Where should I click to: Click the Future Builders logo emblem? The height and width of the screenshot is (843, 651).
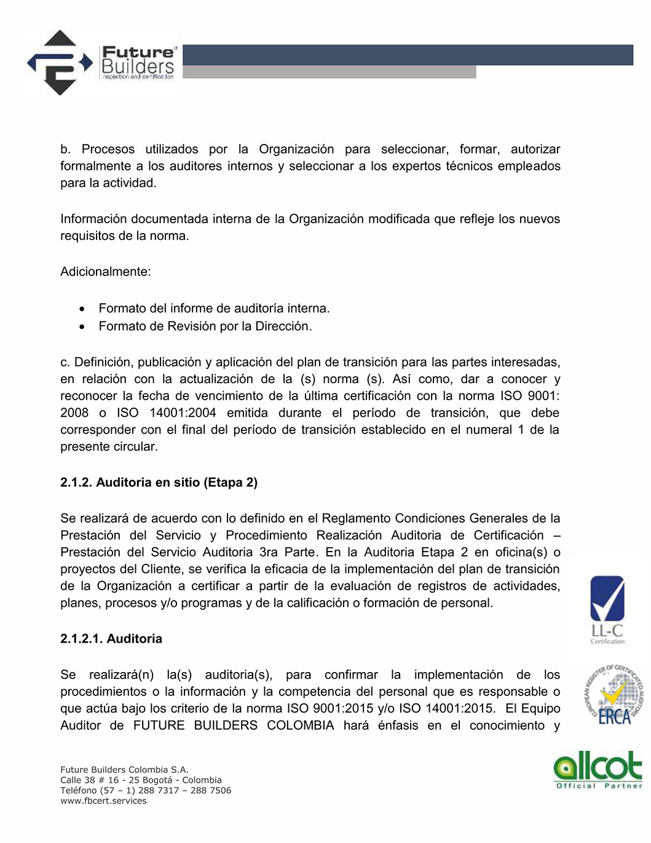pos(59,63)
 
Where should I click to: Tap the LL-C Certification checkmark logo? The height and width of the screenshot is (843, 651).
pos(607,609)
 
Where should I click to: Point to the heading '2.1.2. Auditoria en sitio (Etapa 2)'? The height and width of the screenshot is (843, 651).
pos(159,483)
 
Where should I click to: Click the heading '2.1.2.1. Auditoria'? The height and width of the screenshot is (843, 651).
pos(111,639)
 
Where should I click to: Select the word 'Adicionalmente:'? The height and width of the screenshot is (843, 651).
pos(105,272)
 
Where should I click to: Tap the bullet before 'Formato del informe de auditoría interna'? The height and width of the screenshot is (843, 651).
pos(82,309)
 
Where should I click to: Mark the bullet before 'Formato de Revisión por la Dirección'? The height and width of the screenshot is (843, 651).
pos(82,327)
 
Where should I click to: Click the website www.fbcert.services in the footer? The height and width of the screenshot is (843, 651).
pos(103,801)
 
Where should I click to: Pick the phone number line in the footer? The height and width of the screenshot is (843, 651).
pos(146,791)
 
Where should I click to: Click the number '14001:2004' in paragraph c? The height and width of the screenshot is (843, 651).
pos(183,413)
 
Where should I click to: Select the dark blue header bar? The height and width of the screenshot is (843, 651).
pos(408,55)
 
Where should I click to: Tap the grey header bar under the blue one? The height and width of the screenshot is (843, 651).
pos(329,73)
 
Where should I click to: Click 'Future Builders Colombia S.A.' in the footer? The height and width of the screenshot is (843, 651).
pos(124,770)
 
